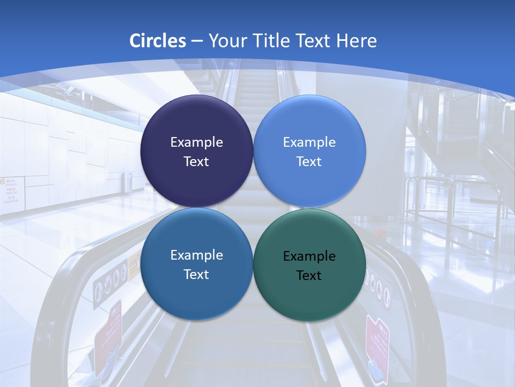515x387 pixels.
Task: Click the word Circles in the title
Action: (x=158, y=40)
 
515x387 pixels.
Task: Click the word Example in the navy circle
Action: (x=196, y=142)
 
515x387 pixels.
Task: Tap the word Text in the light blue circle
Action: (x=309, y=161)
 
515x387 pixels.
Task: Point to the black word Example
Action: (x=309, y=256)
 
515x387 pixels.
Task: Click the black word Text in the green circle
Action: (x=309, y=275)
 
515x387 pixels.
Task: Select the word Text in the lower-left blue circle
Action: (x=196, y=274)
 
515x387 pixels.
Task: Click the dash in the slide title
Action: (x=196, y=41)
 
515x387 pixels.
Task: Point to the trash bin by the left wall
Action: (x=127, y=182)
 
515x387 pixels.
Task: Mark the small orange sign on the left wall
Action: (x=2, y=182)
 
